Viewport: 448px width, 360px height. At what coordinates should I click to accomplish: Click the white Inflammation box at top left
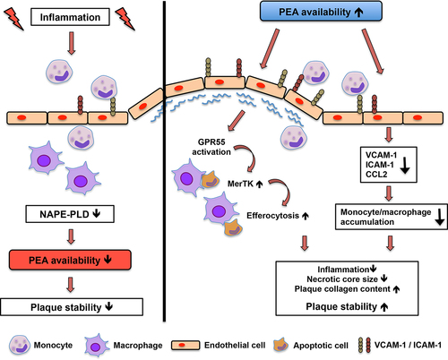tap(70, 17)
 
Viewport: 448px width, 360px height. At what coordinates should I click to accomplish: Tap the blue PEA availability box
tap(321, 12)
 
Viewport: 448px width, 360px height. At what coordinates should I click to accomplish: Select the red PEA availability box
tap(70, 260)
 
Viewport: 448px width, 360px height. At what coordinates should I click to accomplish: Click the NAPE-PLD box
tap(70, 214)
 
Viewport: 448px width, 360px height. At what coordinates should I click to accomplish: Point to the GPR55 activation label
tap(211, 147)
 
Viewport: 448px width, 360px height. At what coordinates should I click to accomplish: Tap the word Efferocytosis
tap(272, 216)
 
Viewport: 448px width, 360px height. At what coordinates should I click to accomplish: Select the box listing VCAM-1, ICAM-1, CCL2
tap(389, 165)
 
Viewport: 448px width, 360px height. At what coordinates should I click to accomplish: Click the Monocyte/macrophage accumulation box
tap(392, 217)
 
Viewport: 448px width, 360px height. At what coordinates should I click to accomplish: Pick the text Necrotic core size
tap(342, 279)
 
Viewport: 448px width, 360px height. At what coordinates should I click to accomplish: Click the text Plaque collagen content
tap(342, 289)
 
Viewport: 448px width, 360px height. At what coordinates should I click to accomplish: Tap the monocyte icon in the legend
tap(20, 345)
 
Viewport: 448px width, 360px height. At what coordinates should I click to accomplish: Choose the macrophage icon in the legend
tap(97, 346)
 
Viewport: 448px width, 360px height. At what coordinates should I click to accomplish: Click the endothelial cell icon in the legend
tap(185, 345)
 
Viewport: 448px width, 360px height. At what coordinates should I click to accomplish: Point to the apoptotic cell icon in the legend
tap(280, 345)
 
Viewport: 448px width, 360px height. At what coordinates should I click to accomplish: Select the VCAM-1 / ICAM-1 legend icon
tap(365, 346)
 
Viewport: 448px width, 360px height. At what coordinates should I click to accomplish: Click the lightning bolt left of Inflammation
tap(13, 19)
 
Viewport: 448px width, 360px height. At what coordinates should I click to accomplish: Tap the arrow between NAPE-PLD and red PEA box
tap(71, 236)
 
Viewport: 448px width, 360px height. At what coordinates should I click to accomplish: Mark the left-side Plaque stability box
tap(72, 307)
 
